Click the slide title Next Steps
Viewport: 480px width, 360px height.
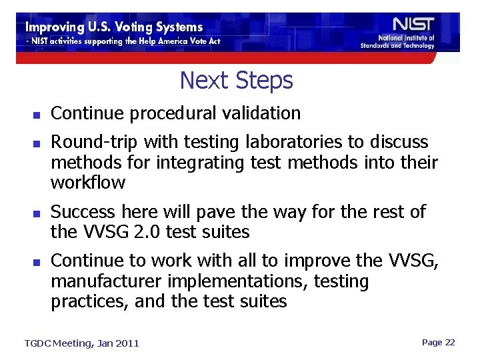(x=236, y=81)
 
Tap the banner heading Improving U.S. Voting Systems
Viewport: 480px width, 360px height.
(x=114, y=27)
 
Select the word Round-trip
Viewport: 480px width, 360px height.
(x=94, y=142)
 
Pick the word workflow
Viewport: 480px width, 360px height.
(x=88, y=182)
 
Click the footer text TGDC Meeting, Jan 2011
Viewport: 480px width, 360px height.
(x=82, y=343)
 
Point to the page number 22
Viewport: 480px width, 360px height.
(x=449, y=342)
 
